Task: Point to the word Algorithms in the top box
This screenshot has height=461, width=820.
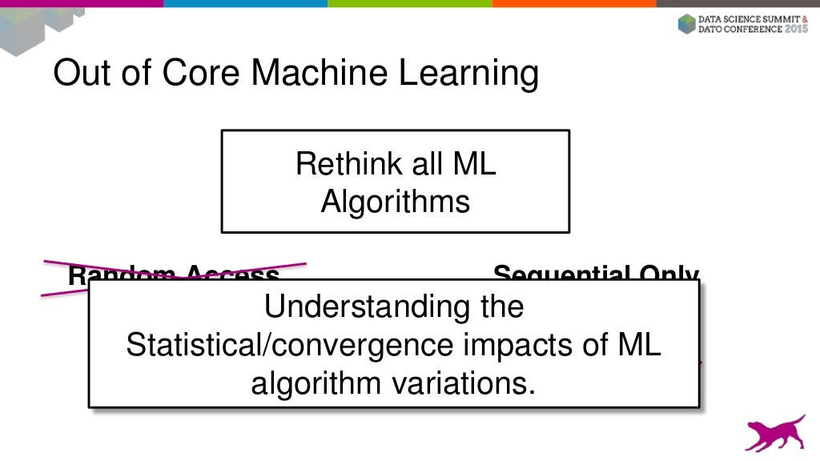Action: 396,202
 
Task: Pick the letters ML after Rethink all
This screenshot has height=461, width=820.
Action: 475,165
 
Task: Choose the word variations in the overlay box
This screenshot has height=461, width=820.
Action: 462,383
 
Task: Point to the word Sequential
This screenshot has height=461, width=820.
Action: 553,273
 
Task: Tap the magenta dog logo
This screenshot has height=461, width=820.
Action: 774,432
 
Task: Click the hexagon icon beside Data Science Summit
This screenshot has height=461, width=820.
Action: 686,23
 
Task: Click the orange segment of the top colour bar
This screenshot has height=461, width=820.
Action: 573,3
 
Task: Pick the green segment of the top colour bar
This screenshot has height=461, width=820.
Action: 409,3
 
